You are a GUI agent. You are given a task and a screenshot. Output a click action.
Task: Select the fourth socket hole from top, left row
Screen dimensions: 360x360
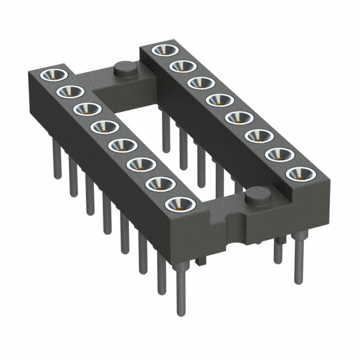(x=104, y=127)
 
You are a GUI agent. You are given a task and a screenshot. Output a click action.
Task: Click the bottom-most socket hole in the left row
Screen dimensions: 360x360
(x=180, y=204)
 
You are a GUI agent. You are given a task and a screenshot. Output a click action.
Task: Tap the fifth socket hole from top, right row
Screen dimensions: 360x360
(x=237, y=118)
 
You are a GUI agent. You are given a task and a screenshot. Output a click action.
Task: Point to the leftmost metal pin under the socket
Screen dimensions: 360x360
(x=57, y=163)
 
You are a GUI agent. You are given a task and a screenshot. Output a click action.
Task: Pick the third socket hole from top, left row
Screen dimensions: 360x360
(x=87, y=109)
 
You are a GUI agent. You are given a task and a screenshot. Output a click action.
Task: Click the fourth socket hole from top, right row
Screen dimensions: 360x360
(x=217, y=100)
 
